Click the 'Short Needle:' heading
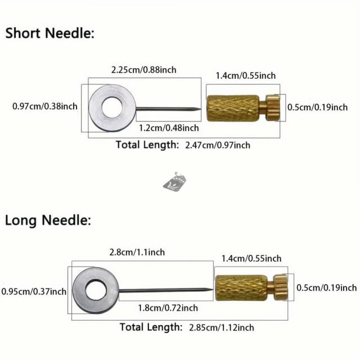50,33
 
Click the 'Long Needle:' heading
47,220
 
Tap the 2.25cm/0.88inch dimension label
143,70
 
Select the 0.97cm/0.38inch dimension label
45,106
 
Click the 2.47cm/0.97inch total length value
217,145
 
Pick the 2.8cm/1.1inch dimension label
137,252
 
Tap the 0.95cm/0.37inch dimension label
34,291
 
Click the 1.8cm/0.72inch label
168,308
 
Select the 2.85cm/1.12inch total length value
222,327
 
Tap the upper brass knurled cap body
232,106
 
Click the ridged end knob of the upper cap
273,106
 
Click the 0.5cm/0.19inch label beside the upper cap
317,107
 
